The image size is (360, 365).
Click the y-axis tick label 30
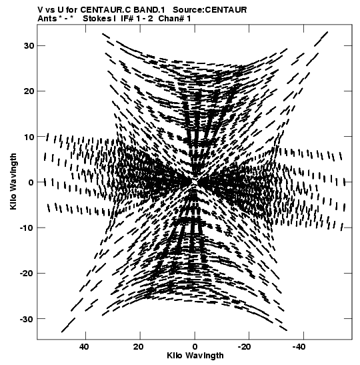[29, 46]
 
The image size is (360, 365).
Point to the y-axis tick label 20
[29, 91]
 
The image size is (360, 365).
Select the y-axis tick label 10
[29, 137]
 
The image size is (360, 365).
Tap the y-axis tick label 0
[31, 182]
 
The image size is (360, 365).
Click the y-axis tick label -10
[27, 228]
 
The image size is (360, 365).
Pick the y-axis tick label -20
[27, 273]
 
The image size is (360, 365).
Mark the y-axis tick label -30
[27, 319]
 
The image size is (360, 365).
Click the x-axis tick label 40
[85, 347]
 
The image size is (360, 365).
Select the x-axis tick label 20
[139, 347]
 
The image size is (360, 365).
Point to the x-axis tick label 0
[195, 347]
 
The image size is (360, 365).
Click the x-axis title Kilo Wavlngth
[195, 356]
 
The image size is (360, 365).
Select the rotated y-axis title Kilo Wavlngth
[13, 181]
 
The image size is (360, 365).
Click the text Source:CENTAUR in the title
[210, 10]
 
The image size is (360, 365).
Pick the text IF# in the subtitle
[127, 19]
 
